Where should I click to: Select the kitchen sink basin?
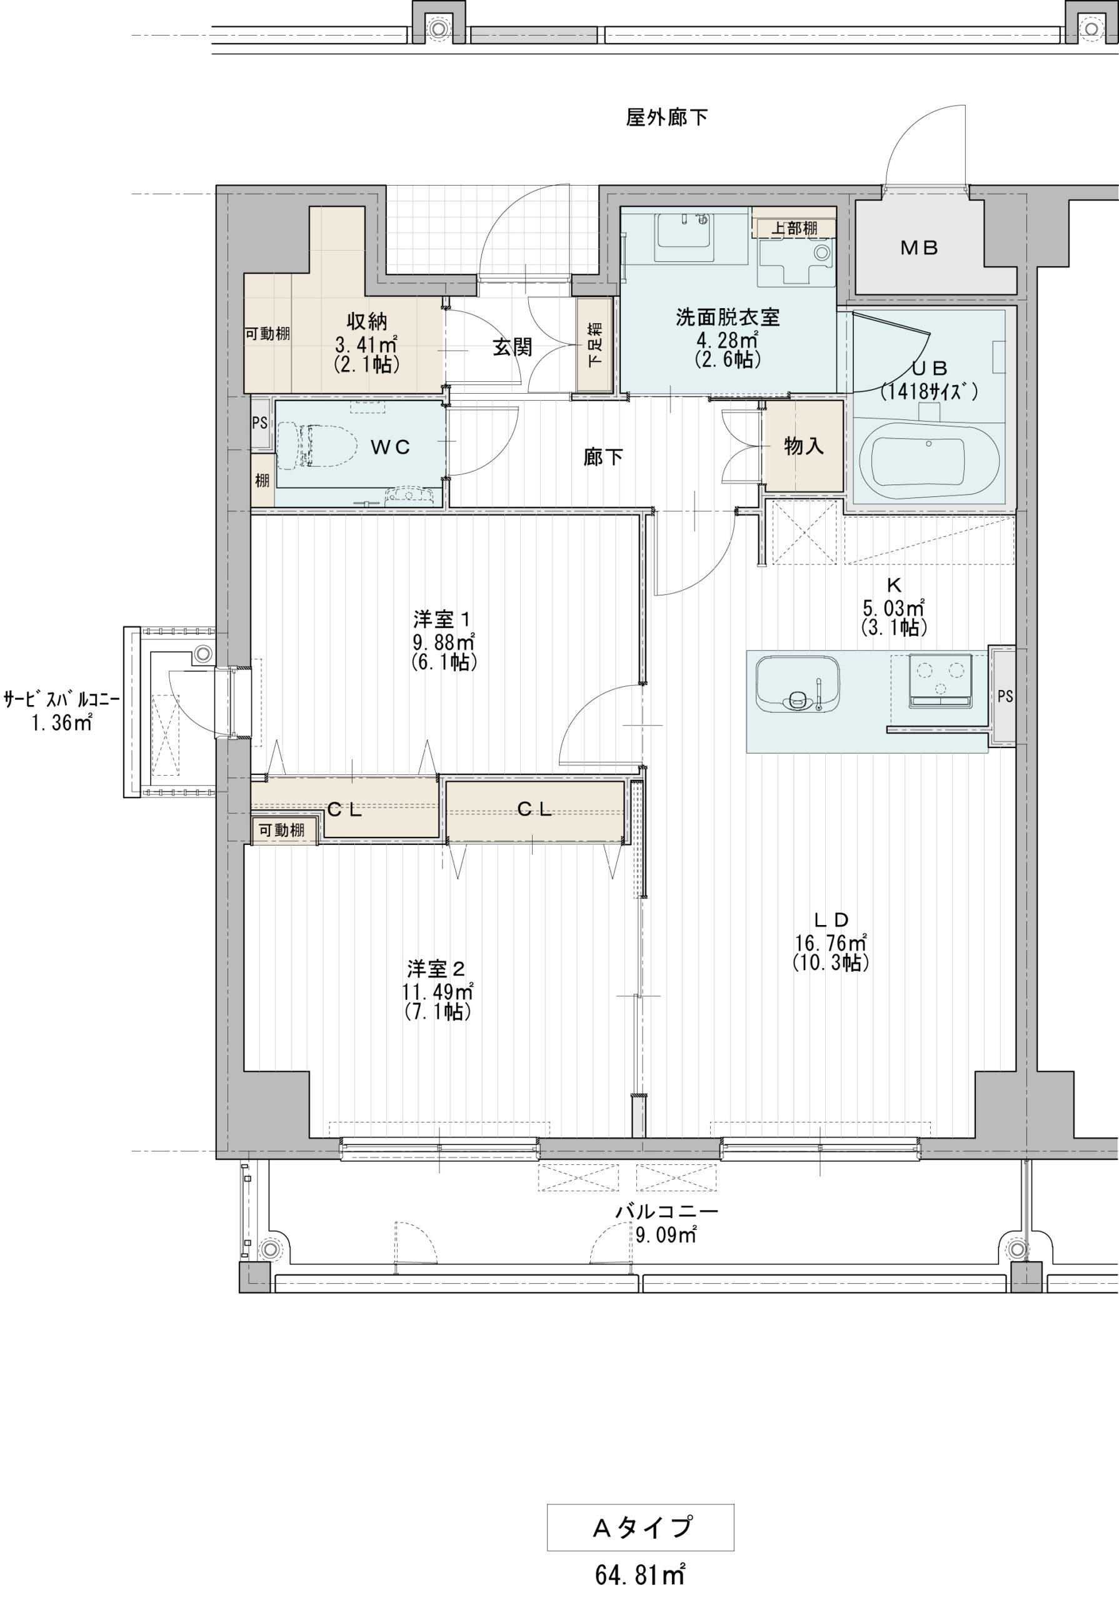coord(798,683)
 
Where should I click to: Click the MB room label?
coord(919,247)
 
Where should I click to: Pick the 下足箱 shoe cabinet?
coord(595,345)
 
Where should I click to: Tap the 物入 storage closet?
coord(804,446)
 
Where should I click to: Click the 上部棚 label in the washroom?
coord(794,228)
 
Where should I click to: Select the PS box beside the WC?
coord(260,423)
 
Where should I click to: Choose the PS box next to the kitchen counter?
coord(1004,696)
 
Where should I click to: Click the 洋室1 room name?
coord(443,619)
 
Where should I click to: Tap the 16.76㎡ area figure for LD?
coord(830,943)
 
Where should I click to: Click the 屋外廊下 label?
coord(666,117)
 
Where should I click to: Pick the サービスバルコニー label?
coord(61,699)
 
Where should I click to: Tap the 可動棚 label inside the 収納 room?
coord(267,334)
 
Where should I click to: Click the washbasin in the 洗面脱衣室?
coord(685,237)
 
